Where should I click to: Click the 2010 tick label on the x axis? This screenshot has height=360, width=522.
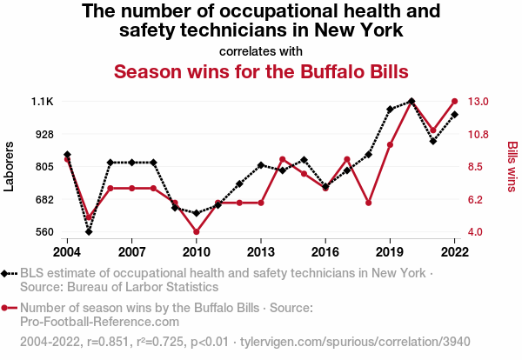pyautogui.click(x=196, y=251)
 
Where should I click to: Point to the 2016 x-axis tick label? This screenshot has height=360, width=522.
pyautogui.click(x=325, y=251)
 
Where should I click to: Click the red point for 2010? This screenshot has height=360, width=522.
pyautogui.click(x=197, y=232)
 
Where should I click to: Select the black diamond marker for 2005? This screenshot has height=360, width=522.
pyautogui.click(x=89, y=232)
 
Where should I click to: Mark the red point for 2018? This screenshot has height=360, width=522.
pyautogui.click(x=369, y=203)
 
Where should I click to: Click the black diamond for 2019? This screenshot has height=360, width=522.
pyautogui.click(x=391, y=110)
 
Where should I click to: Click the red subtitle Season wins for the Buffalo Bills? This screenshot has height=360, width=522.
pyautogui.click(x=261, y=70)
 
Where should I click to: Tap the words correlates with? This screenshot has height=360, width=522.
pyautogui.click(x=261, y=50)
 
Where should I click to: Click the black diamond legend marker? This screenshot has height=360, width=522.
pyautogui.click(x=8, y=273)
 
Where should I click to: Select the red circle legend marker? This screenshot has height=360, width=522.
pyautogui.click(x=8, y=307)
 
